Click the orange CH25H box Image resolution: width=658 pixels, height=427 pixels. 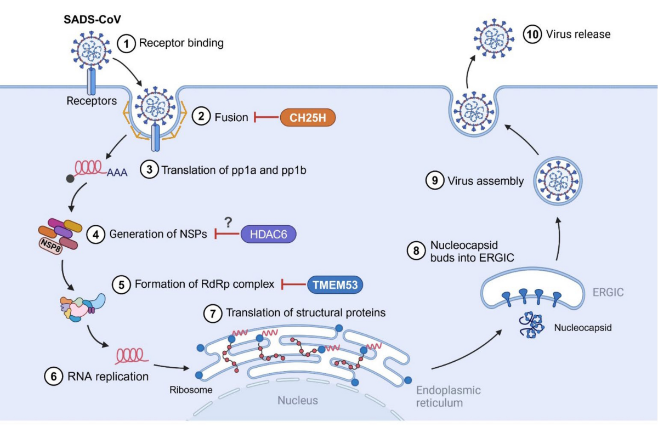tap(307, 117)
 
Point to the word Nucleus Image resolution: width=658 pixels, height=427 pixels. tap(297, 400)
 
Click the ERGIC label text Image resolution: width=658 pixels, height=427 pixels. tap(608, 293)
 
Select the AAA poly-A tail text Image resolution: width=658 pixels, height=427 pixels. tap(117, 173)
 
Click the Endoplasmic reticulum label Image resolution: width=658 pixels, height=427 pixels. tap(448, 396)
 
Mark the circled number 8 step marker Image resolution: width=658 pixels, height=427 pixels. tap(415, 250)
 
